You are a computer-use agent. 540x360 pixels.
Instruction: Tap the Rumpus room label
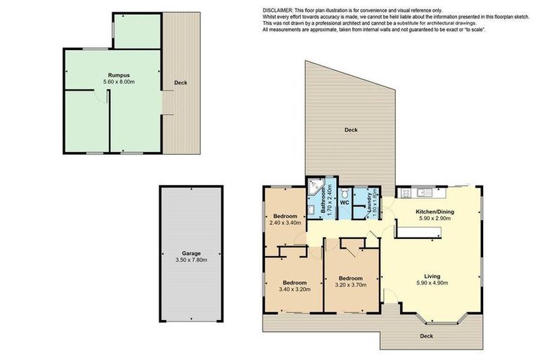pos(118,74)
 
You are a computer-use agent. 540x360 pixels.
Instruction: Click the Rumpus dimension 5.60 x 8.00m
pos(118,81)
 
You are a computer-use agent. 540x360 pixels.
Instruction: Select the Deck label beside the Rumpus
pos(181,83)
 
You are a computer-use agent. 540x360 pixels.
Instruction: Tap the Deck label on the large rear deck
pos(352,130)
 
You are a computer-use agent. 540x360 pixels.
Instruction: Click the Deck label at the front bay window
pos(427,336)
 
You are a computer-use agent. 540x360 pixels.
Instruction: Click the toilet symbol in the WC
pos(345,191)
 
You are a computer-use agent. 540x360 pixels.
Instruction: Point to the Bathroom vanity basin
pos(311,210)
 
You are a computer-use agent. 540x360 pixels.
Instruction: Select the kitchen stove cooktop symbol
pos(406,191)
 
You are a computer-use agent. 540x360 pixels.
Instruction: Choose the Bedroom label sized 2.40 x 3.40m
pos(285,216)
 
